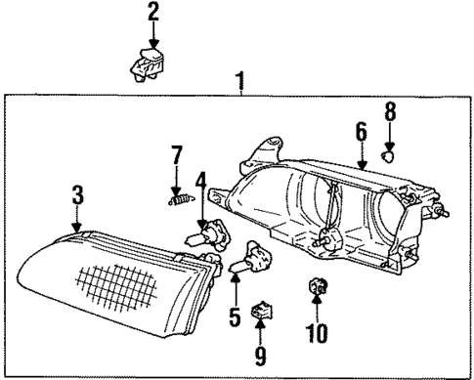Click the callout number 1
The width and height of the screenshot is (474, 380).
tap(240, 78)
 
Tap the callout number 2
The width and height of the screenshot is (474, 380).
tap(152, 13)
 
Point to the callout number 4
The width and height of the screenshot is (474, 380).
tap(201, 183)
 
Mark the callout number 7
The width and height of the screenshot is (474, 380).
tap(177, 154)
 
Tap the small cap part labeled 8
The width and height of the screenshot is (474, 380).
tap(389, 153)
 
